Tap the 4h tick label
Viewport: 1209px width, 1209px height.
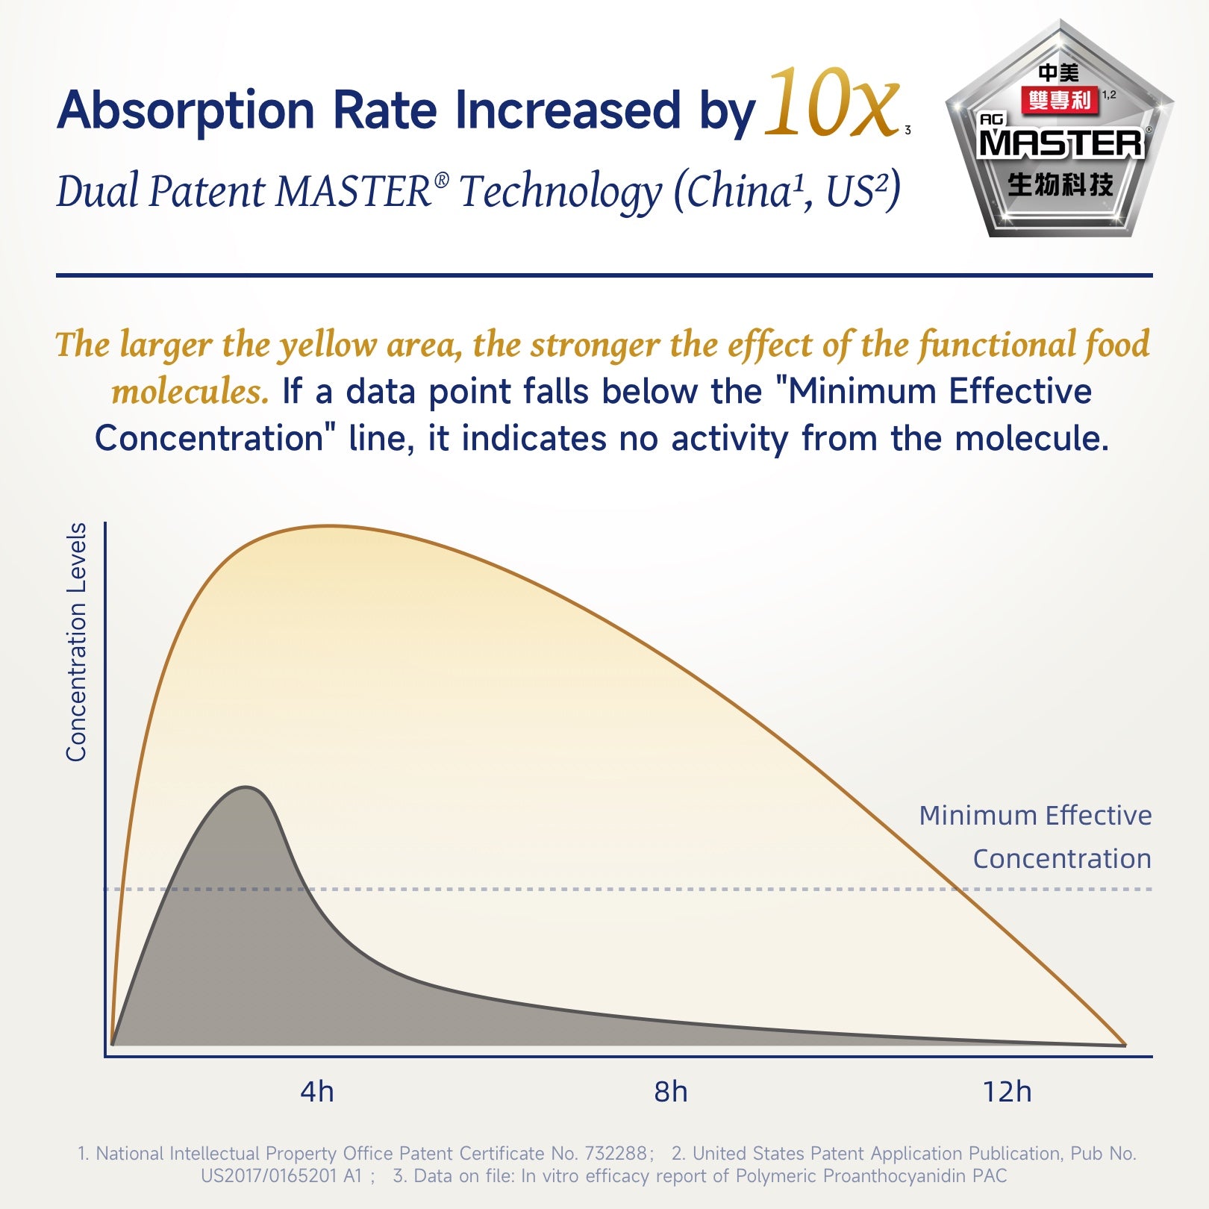pyautogui.click(x=316, y=1092)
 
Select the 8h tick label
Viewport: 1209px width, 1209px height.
pyautogui.click(x=670, y=1092)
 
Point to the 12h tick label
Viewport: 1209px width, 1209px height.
pyautogui.click(x=1007, y=1092)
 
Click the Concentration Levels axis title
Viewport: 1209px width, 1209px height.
pyautogui.click(x=76, y=642)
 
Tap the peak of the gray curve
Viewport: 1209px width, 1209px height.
pyautogui.click(x=246, y=787)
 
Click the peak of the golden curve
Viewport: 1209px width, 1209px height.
pyautogui.click(x=328, y=526)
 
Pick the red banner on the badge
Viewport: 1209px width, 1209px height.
pyautogui.click(x=1059, y=100)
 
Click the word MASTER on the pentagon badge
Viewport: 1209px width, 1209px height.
pyautogui.click(x=1060, y=143)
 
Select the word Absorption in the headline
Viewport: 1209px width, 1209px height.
pyautogui.click(x=186, y=110)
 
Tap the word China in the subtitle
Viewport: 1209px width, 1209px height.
pyautogui.click(x=739, y=191)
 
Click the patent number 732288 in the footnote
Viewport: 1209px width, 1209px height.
pyautogui.click(x=616, y=1153)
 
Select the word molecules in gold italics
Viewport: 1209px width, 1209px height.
pyautogui.click(x=190, y=391)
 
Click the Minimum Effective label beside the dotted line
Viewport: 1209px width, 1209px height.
pyautogui.click(x=1035, y=815)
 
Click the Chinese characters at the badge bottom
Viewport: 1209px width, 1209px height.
pyautogui.click(x=1060, y=184)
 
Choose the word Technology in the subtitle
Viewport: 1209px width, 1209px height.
pyautogui.click(x=560, y=191)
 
